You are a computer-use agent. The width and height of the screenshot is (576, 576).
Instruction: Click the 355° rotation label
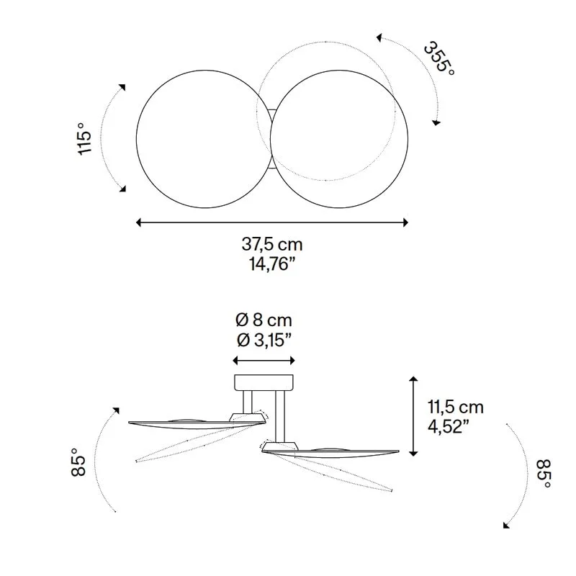tap(440, 58)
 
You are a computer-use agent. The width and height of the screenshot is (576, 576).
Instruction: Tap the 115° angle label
tap(84, 139)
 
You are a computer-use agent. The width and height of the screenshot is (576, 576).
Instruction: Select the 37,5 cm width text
tap(272, 244)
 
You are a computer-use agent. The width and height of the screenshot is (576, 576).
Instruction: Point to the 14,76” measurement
tap(272, 264)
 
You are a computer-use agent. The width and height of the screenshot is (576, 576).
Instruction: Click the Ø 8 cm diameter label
tap(264, 320)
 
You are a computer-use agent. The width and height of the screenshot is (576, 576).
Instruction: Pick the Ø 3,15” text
tap(264, 340)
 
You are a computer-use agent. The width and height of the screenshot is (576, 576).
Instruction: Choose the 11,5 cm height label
tap(456, 407)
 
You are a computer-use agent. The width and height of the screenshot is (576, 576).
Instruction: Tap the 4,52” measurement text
tap(448, 426)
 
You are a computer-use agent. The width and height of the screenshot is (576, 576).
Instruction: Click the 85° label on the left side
tap(78, 462)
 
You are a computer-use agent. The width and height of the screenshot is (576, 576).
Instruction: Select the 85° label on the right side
tap(544, 474)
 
